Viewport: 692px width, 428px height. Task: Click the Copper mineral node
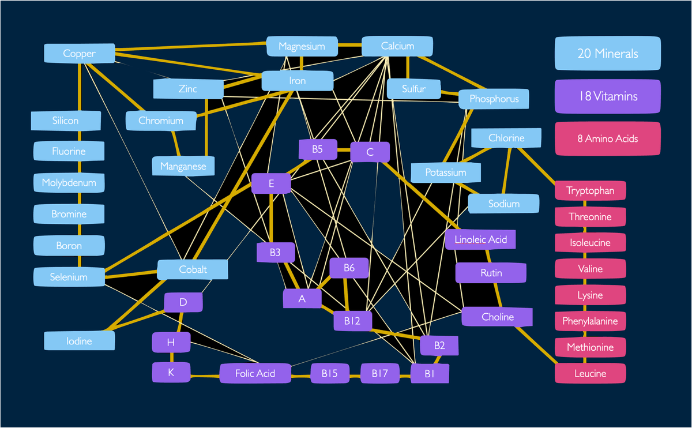point(80,54)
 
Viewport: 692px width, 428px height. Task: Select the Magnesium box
point(302,46)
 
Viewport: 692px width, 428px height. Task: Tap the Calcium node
point(397,46)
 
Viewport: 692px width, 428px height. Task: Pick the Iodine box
point(79,341)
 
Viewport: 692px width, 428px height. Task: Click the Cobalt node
point(193,269)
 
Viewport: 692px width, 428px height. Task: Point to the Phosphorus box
point(494,99)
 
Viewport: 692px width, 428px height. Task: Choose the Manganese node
point(183,167)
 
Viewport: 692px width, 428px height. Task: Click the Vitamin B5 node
point(317,149)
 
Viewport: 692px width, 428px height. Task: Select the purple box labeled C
point(370,152)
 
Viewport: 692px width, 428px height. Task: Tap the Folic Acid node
point(255,373)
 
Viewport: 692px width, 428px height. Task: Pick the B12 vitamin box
point(352,321)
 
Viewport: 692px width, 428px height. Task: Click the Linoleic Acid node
point(480,239)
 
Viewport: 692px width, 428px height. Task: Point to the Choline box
point(497,317)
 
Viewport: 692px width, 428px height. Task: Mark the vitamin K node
point(171,373)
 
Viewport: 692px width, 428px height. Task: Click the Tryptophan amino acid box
point(590,190)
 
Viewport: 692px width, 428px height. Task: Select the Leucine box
point(590,373)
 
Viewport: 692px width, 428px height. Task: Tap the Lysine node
point(590,295)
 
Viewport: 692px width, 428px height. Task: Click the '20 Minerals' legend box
point(607,54)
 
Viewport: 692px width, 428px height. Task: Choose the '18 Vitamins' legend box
point(607,96)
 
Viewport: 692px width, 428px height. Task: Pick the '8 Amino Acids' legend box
point(607,138)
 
